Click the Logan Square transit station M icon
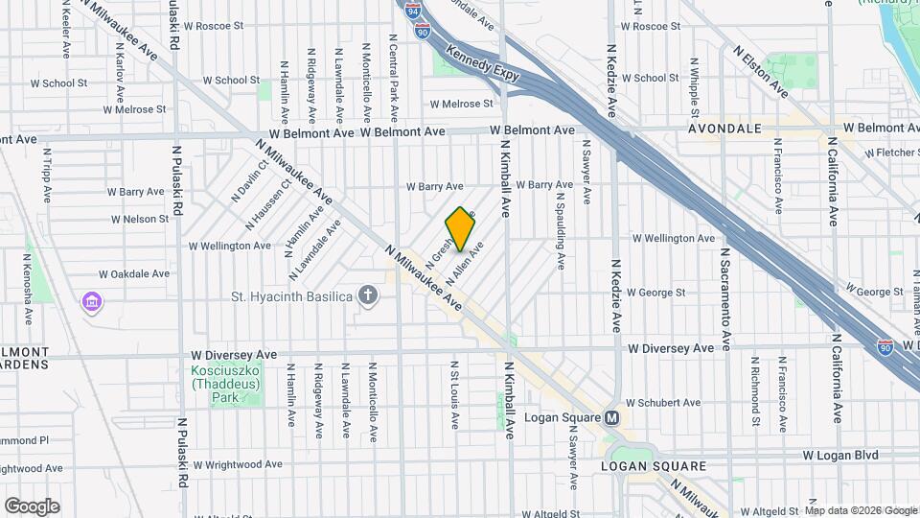611,418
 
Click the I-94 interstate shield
414,11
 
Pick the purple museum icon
93,303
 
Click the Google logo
32,506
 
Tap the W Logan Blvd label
837,455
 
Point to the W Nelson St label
139,219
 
